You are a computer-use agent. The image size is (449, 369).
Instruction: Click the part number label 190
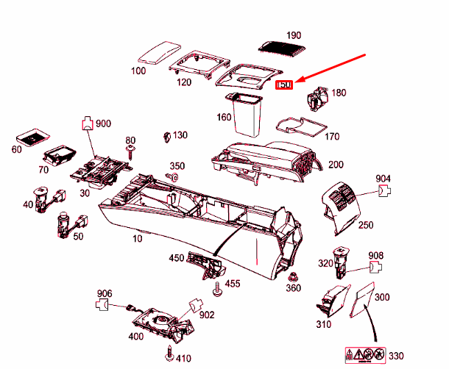[x=294, y=35]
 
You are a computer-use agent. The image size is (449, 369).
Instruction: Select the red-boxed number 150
[x=284, y=86]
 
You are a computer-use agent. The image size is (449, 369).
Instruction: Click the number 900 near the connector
[x=103, y=123]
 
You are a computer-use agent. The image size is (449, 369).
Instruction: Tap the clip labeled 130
[x=166, y=137]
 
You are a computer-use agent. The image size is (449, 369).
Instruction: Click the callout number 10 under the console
[x=137, y=240]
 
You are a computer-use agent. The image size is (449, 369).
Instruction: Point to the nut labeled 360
[x=294, y=276]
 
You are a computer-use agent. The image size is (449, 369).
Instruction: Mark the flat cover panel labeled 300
[x=365, y=300]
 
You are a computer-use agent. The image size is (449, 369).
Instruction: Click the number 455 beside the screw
[x=232, y=284]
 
